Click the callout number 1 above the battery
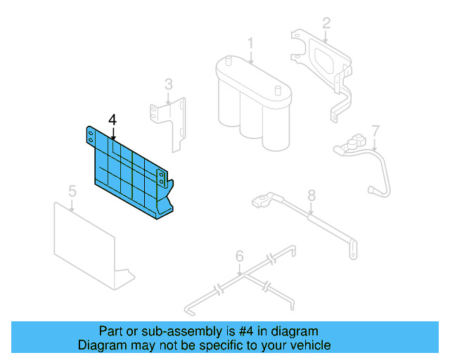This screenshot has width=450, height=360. tap(250, 44)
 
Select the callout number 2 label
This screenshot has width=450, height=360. tap(326, 23)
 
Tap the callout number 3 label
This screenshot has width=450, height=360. tap(168, 84)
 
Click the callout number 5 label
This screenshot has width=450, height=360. tap(72, 191)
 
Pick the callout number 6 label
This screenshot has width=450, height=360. tap(239, 255)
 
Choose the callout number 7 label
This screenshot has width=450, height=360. tap(375, 130)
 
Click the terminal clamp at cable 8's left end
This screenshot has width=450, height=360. tap(262, 202)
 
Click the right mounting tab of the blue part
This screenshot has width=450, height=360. tap(161, 176)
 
